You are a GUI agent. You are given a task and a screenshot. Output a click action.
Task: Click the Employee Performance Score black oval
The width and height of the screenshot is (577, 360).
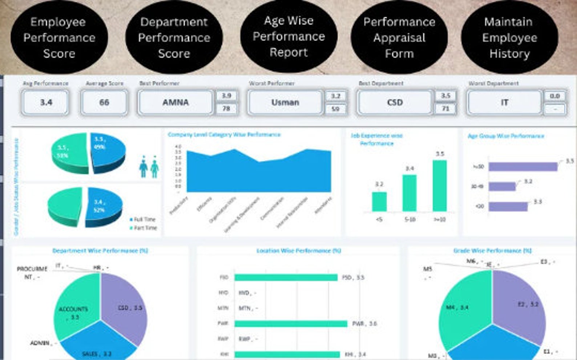(59, 37)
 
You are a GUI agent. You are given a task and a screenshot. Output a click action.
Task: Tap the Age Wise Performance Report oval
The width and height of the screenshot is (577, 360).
(289, 36)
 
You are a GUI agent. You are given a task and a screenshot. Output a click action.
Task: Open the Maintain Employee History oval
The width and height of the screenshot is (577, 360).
(509, 37)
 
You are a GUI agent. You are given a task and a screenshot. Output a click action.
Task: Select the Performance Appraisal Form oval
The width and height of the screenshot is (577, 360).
(399, 37)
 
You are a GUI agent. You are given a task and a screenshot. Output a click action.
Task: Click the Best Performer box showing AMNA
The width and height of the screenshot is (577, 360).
(175, 102)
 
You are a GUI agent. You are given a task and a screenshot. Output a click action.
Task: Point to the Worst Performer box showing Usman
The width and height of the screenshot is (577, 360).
(285, 102)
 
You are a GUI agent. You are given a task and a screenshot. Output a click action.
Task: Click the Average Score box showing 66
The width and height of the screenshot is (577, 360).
(104, 102)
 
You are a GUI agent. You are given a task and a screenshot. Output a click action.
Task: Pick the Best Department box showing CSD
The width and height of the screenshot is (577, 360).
(395, 102)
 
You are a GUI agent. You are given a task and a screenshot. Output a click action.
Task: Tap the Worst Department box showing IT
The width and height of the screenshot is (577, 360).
(504, 102)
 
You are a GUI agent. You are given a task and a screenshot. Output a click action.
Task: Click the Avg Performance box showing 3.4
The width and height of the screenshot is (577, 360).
(46, 102)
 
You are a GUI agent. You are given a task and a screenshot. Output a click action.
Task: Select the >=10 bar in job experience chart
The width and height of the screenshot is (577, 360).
(440, 185)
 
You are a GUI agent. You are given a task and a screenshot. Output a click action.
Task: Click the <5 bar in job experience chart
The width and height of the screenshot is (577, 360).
(379, 202)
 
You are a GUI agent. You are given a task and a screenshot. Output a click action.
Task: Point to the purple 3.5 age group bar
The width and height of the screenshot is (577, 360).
(522, 167)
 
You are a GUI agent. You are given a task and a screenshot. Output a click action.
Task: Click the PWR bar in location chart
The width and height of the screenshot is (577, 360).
(291, 323)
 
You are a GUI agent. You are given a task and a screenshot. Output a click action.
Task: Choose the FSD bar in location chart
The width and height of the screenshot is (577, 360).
(286, 278)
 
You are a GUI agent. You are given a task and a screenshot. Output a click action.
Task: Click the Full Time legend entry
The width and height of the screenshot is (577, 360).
(144, 219)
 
